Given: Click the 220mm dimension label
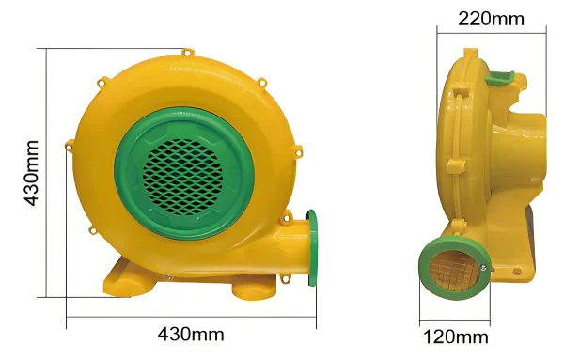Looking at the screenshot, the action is (491, 19).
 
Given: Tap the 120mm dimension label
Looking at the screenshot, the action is (456, 337).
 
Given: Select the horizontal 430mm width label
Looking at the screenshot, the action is (191, 334).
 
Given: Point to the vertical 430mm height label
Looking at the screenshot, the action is (31, 173).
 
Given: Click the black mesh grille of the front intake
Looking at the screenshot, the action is (182, 177).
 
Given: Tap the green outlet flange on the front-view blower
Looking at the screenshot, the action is (312, 248).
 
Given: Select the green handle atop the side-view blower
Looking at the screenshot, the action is (500, 78).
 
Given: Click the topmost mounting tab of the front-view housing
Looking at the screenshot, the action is (187, 53).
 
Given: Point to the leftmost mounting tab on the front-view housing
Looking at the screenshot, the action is (70, 145).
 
